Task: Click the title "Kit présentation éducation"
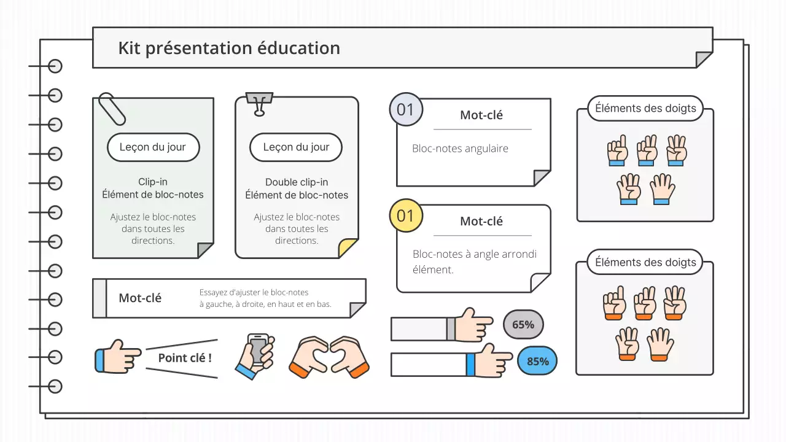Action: coord(228,48)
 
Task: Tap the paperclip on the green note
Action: coord(112,109)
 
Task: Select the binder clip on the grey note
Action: coord(259,103)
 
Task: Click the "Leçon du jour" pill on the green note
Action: coord(153,147)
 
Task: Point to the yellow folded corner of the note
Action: coord(348,248)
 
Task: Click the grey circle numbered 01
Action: coord(405,110)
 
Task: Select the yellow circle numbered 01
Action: coord(405,215)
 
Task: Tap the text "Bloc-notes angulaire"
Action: coord(460,149)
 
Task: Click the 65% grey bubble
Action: coord(523,325)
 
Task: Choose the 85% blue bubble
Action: coord(537,361)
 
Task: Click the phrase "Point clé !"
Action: coord(185,357)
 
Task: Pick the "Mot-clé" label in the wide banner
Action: coord(140,298)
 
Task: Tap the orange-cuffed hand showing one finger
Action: coord(615,303)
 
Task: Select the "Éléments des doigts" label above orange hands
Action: coord(645,263)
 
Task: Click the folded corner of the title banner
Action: coord(704,59)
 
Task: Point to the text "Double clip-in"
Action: coord(297,182)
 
